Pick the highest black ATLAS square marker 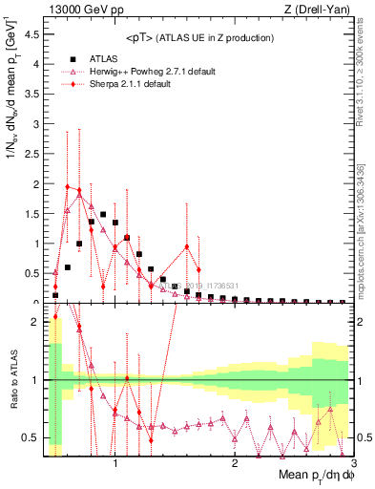[103, 214]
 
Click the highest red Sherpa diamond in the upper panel [67, 186]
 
